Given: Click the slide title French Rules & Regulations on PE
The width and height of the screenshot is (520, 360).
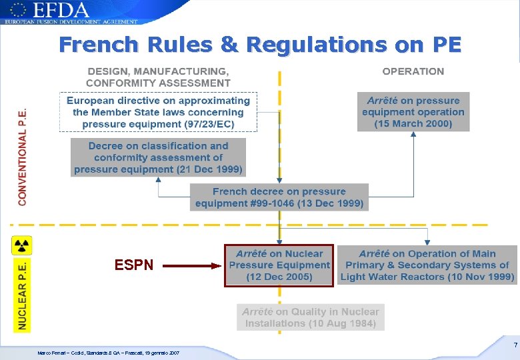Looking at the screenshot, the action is (x=260, y=45).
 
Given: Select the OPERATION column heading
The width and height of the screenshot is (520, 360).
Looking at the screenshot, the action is (x=413, y=71).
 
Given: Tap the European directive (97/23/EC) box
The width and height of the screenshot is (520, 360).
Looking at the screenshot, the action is (x=158, y=112).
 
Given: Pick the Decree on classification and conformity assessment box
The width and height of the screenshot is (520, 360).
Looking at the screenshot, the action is (x=158, y=157).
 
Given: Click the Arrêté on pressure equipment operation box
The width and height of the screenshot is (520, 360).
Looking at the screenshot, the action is (x=413, y=112).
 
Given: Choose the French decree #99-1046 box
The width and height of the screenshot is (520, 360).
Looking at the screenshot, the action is (x=279, y=197).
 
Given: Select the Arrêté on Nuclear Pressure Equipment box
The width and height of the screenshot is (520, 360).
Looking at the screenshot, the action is (x=279, y=265).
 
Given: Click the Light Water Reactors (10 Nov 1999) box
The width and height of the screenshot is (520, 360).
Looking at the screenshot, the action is (x=427, y=265).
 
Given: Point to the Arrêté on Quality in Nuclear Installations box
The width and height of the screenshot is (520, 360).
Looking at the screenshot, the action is (x=311, y=317).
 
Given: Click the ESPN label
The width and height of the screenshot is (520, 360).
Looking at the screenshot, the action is (x=134, y=265).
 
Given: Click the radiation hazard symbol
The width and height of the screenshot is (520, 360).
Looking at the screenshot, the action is (x=22, y=245).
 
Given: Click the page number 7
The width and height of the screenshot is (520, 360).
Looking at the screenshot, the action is (x=515, y=345).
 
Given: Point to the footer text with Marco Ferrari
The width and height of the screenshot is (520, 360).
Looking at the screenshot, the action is (x=107, y=353).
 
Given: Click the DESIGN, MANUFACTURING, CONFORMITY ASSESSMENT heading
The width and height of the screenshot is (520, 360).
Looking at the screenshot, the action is (x=158, y=77).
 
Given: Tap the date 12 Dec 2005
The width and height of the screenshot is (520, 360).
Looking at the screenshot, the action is (x=279, y=277).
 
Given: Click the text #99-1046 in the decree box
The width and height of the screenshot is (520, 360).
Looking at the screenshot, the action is (x=269, y=203).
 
